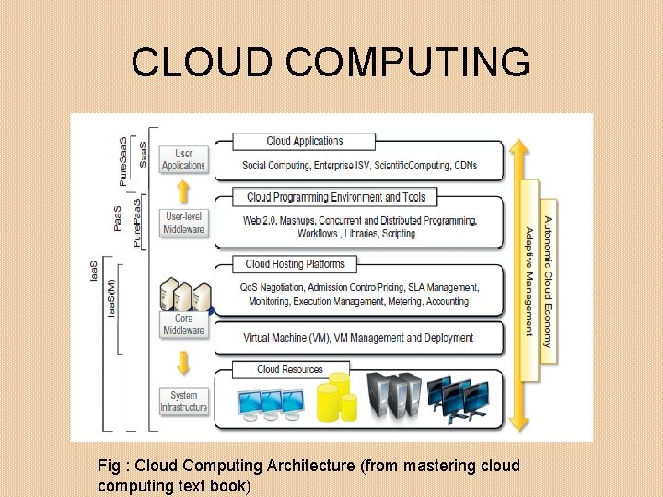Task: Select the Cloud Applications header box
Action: (x=304, y=142)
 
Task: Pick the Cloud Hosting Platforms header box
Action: (x=295, y=264)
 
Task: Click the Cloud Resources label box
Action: (x=290, y=369)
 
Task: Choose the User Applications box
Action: (x=183, y=160)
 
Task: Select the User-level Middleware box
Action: (x=183, y=223)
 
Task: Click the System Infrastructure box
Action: (x=183, y=401)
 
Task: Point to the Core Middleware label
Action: (x=183, y=324)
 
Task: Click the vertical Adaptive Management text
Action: (x=529, y=282)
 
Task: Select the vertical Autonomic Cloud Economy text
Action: (x=548, y=281)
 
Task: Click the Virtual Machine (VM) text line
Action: (x=358, y=338)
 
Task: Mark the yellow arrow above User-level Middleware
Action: (x=183, y=191)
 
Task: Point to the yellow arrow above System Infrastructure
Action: (x=183, y=363)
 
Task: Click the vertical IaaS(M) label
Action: (x=112, y=299)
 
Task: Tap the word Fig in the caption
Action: (x=109, y=466)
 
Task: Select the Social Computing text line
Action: (x=359, y=166)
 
